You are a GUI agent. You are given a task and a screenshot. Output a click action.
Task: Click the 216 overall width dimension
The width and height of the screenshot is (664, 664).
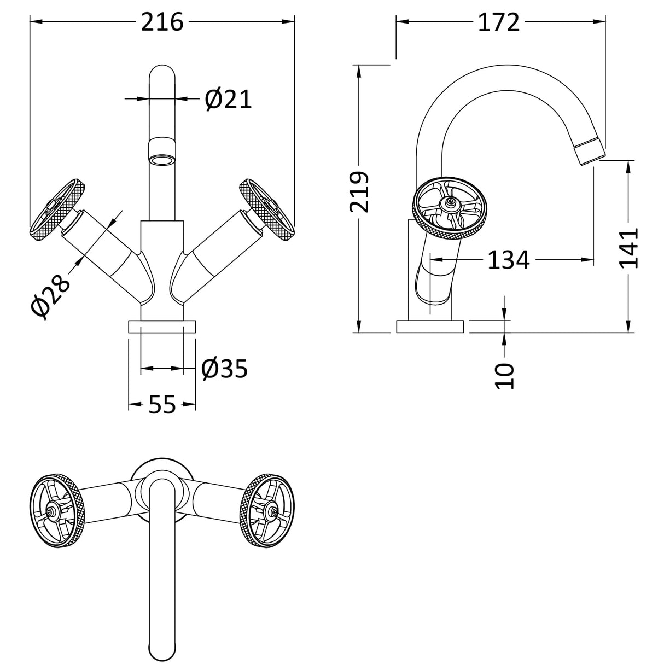pyautogui.click(x=162, y=22)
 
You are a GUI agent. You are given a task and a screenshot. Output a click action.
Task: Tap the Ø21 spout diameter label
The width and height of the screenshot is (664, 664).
pyautogui.click(x=229, y=99)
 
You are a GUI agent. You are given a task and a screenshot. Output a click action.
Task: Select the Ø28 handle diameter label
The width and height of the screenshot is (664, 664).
pyautogui.click(x=51, y=294)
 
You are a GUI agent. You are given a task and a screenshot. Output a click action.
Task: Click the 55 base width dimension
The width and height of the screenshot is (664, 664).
pyautogui.click(x=162, y=405)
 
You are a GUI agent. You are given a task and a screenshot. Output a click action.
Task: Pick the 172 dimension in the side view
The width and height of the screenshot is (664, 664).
pyautogui.click(x=498, y=22)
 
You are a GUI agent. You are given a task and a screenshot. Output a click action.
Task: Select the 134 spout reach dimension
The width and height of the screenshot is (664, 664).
pyautogui.click(x=508, y=260)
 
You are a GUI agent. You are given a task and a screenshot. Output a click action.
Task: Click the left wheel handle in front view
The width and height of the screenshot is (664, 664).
pyautogui.click(x=56, y=208)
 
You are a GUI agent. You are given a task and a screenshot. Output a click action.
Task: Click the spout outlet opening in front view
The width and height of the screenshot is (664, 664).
pyautogui.click(x=162, y=160)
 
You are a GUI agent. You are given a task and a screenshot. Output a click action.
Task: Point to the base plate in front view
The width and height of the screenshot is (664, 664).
pyautogui.click(x=162, y=327)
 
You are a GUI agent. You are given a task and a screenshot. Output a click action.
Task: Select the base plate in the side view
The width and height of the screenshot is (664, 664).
pyautogui.click(x=431, y=327)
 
